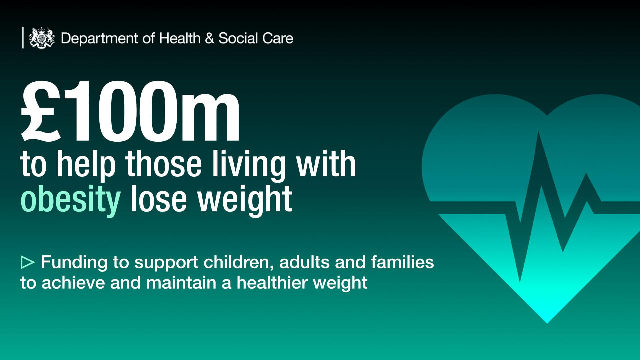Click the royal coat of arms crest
click(42, 38)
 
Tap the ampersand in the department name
click(209, 38)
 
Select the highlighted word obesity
click(70, 199)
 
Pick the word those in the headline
click(164, 164)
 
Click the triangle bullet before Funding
click(28, 262)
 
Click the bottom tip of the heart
click(547, 323)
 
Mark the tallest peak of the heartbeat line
click(538, 132)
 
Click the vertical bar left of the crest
click(23, 38)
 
